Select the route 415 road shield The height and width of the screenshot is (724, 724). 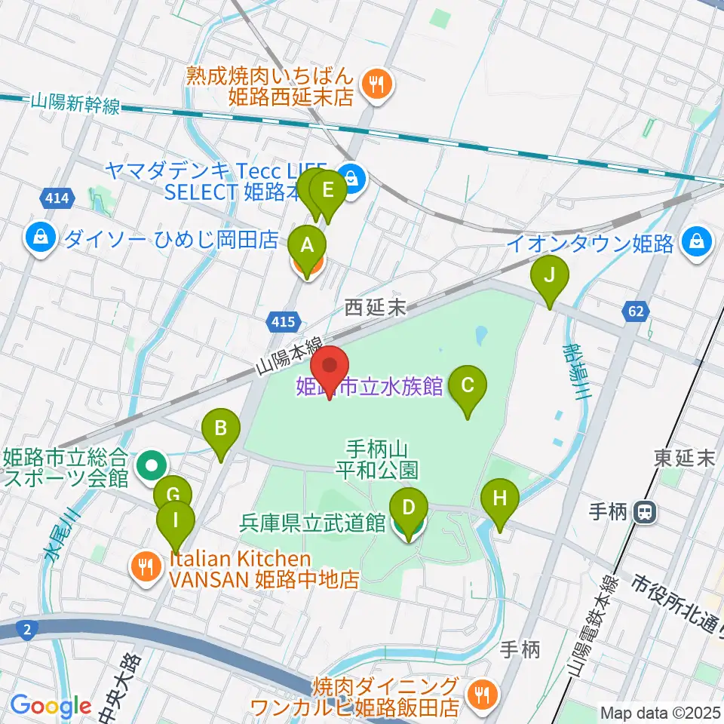(280, 322)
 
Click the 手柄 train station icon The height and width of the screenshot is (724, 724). (644, 513)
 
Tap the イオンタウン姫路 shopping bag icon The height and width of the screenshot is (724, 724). (695, 242)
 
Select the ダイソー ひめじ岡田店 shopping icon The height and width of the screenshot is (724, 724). (38, 239)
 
